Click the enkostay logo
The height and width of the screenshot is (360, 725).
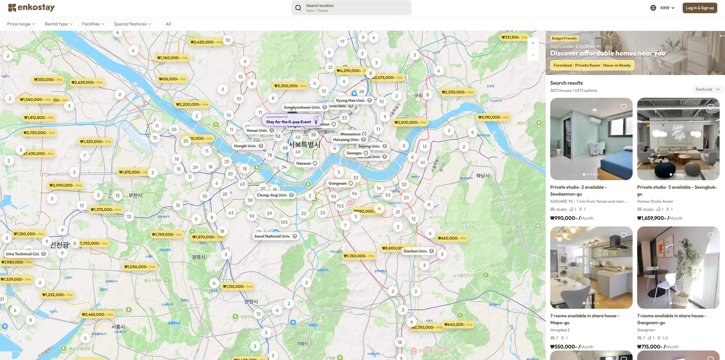(32, 8)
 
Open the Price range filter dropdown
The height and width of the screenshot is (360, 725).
(21, 24)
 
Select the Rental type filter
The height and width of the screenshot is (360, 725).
(59, 24)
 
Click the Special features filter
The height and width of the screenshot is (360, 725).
(132, 24)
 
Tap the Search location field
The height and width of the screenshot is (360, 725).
(351, 8)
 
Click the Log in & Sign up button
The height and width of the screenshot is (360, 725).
(699, 8)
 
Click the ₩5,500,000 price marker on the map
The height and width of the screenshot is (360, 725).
(409, 122)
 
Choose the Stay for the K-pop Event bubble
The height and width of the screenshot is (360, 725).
(289, 122)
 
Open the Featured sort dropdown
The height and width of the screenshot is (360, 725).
(707, 89)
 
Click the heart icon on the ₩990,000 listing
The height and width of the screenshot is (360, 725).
(623, 107)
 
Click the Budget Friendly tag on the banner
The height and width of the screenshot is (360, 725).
(564, 38)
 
